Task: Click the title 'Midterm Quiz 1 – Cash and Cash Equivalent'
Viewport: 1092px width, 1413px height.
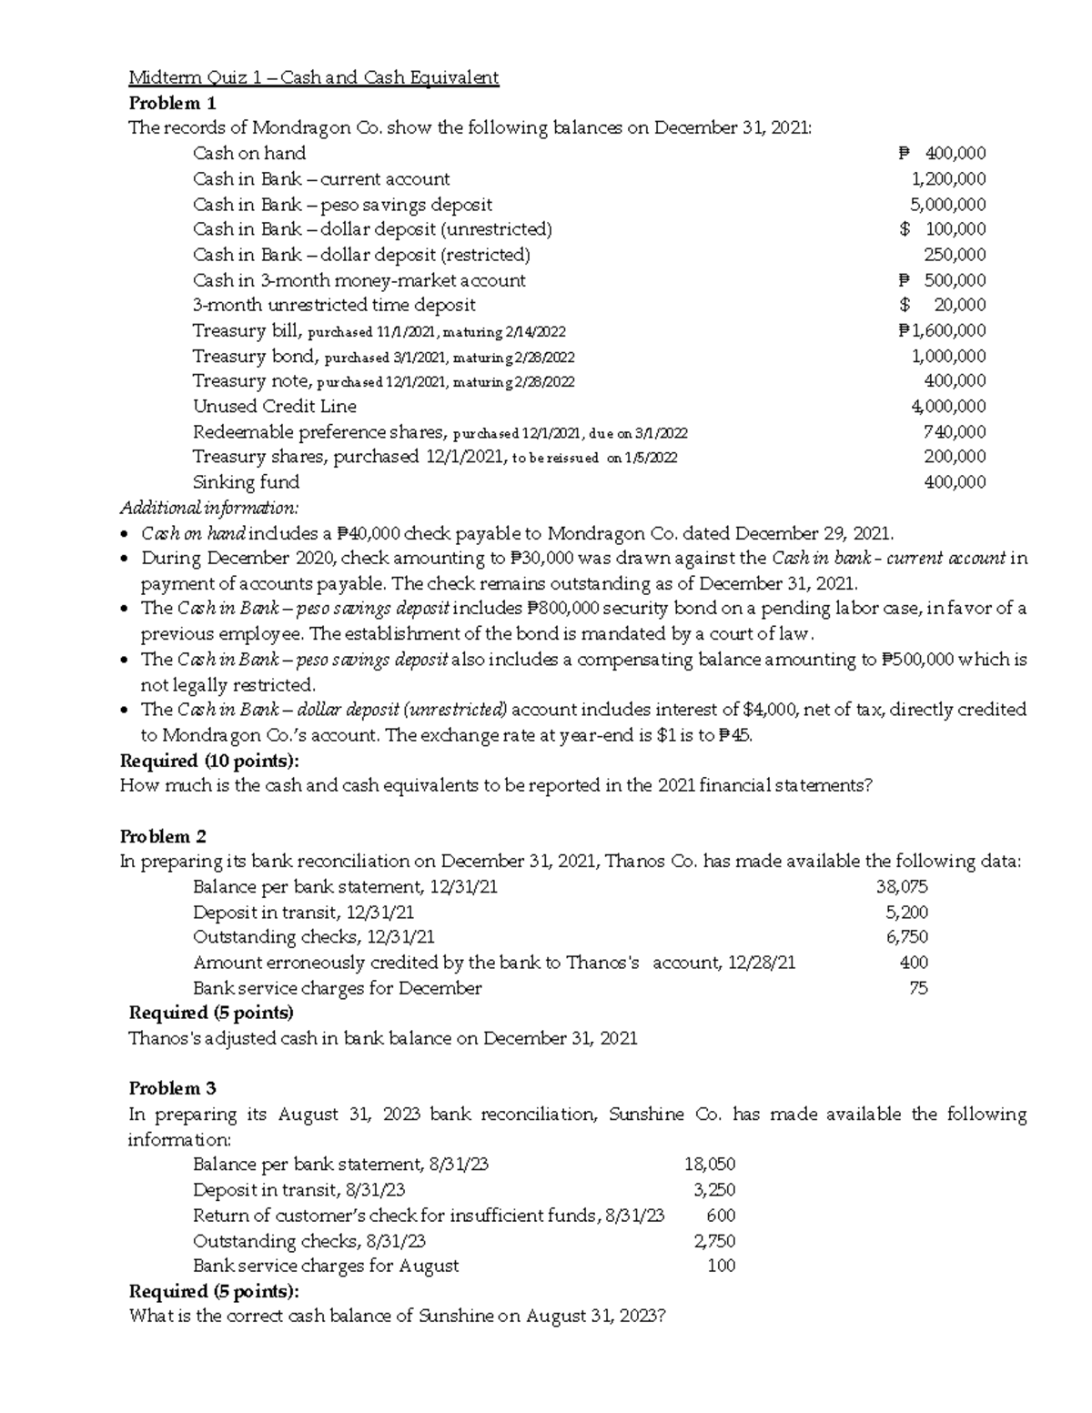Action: (x=314, y=77)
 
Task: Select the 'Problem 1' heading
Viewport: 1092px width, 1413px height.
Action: (x=172, y=102)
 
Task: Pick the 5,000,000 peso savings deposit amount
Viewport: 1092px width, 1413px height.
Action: (x=948, y=204)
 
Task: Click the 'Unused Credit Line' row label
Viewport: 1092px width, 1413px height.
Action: (x=274, y=406)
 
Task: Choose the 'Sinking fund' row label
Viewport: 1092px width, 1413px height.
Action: (x=246, y=481)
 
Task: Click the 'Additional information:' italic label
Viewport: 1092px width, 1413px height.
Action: (x=208, y=507)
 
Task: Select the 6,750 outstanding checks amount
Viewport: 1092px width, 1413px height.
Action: (x=906, y=936)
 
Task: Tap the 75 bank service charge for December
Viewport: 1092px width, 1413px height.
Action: (x=918, y=987)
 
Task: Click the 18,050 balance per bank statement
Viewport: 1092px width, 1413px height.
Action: (x=709, y=1164)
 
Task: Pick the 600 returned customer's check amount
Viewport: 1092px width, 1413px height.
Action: (x=721, y=1215)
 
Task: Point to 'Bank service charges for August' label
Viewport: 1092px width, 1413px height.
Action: (x=326, y=1265)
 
